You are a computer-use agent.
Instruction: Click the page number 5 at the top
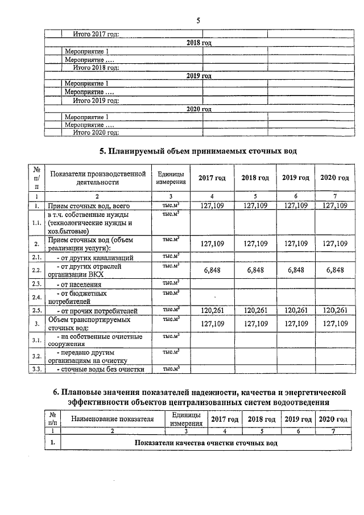click(x=198, y=21)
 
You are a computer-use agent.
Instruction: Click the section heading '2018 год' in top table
click(x=199, y=43)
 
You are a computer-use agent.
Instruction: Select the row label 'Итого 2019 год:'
click(x=96, y=101)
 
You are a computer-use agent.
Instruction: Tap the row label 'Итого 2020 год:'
click(x=96, y=133)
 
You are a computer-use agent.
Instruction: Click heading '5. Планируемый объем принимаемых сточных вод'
click(x=198, y=151)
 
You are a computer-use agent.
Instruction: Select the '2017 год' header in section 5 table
click(x=212, y=178)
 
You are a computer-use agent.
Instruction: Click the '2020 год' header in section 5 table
click(x=334, y=178)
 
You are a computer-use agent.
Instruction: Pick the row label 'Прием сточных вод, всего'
click(x=90, y=205)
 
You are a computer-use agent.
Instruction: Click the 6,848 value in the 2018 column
click(x=255, y=270)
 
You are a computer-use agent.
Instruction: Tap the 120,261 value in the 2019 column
click(x=295, y=310)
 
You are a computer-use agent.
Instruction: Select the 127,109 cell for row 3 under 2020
click(x=334, y=324)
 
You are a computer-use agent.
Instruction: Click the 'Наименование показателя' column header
click(x=112, y=419)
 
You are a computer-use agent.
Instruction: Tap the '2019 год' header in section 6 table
click(x=298, y=419)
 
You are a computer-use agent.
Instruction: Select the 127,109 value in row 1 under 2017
click(x=212, y=205)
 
